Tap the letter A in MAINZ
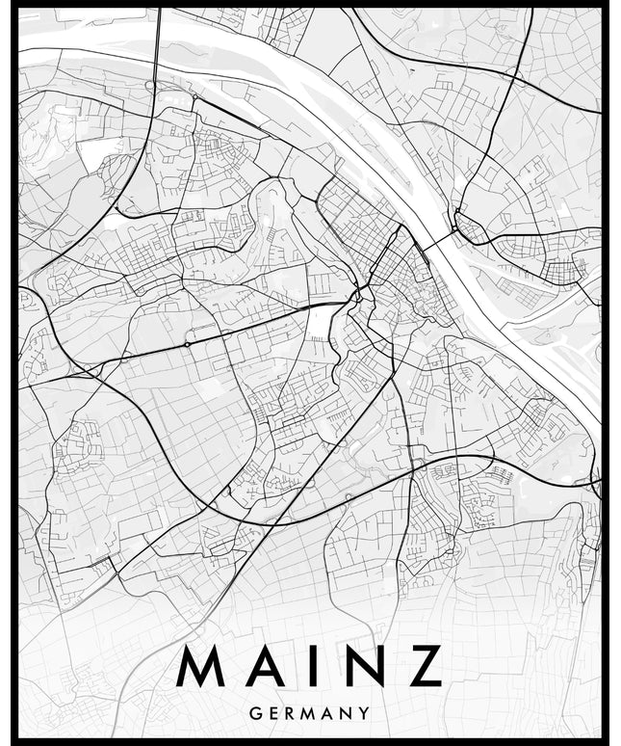click(267, 666)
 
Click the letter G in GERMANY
click(254, 714)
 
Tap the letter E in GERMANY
click(272, 714)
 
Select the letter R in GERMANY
click(291, 714)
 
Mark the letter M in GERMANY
click(311, 714)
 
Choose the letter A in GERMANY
click(330, 714)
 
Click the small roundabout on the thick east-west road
click(186, 343)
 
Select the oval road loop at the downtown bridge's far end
click(471, 227)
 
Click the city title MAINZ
click(311, 666)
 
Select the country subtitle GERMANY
click(309, 714)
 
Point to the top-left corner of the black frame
click(15, 8)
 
